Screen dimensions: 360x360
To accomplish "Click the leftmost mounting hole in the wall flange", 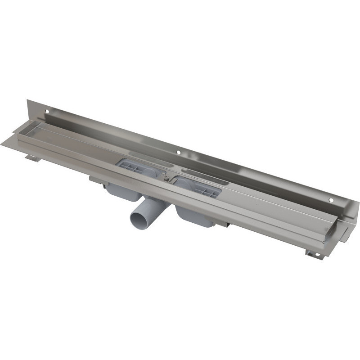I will [47, 110].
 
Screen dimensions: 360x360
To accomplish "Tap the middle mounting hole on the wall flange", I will [179, 153].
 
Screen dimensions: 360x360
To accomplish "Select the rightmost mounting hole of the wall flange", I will [331, 200].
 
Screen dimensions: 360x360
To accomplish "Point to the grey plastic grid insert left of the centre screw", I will [135, 168].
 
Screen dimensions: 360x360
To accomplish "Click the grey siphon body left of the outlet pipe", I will [121, 193].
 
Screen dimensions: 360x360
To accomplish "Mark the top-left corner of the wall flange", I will [27, 100].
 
